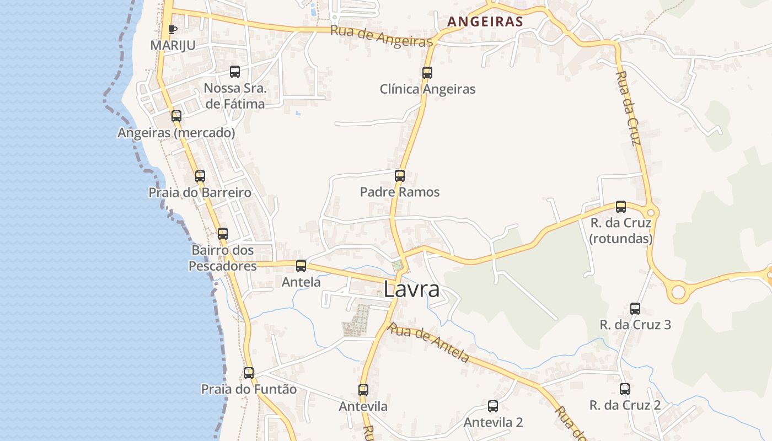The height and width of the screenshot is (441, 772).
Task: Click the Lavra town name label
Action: (x=411, y=289)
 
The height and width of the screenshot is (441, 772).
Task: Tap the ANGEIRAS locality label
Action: (x=485, y=21)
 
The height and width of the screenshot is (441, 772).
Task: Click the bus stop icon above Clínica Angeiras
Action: (x=427, y=72)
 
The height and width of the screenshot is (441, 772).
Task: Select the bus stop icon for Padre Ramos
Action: (x=400, y=176)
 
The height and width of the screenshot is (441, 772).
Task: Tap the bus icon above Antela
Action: (x=301, y=266)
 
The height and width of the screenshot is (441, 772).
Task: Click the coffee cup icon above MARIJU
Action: (x=173, y=29)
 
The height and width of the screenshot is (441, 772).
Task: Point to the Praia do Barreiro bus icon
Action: (x=200, y=176)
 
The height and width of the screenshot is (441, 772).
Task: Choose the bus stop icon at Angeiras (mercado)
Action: (x=176, y=116)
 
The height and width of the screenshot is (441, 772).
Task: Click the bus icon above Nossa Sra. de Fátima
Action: (x=235, y=71)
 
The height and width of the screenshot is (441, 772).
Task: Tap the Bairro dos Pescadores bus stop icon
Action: (x=223, y=234)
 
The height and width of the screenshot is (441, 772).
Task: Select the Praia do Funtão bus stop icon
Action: (x=249, y=373)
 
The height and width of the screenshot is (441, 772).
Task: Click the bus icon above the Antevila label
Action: (x=363, y=390)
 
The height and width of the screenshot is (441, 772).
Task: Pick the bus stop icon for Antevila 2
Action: (x=493, y=406)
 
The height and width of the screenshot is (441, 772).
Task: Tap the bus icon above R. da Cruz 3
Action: (x=635, y=309)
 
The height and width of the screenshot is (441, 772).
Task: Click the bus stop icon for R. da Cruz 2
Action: (x=625, y=389)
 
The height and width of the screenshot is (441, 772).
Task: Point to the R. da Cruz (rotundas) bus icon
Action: (x=621, y=207)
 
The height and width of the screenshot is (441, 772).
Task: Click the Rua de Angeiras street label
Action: (x=381, y=36)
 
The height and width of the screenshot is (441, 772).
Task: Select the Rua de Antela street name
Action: (x=428, y=343)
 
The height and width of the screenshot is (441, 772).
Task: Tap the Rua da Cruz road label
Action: (x=628, y=108)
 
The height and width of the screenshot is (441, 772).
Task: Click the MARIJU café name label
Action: (x=173, y=45)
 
